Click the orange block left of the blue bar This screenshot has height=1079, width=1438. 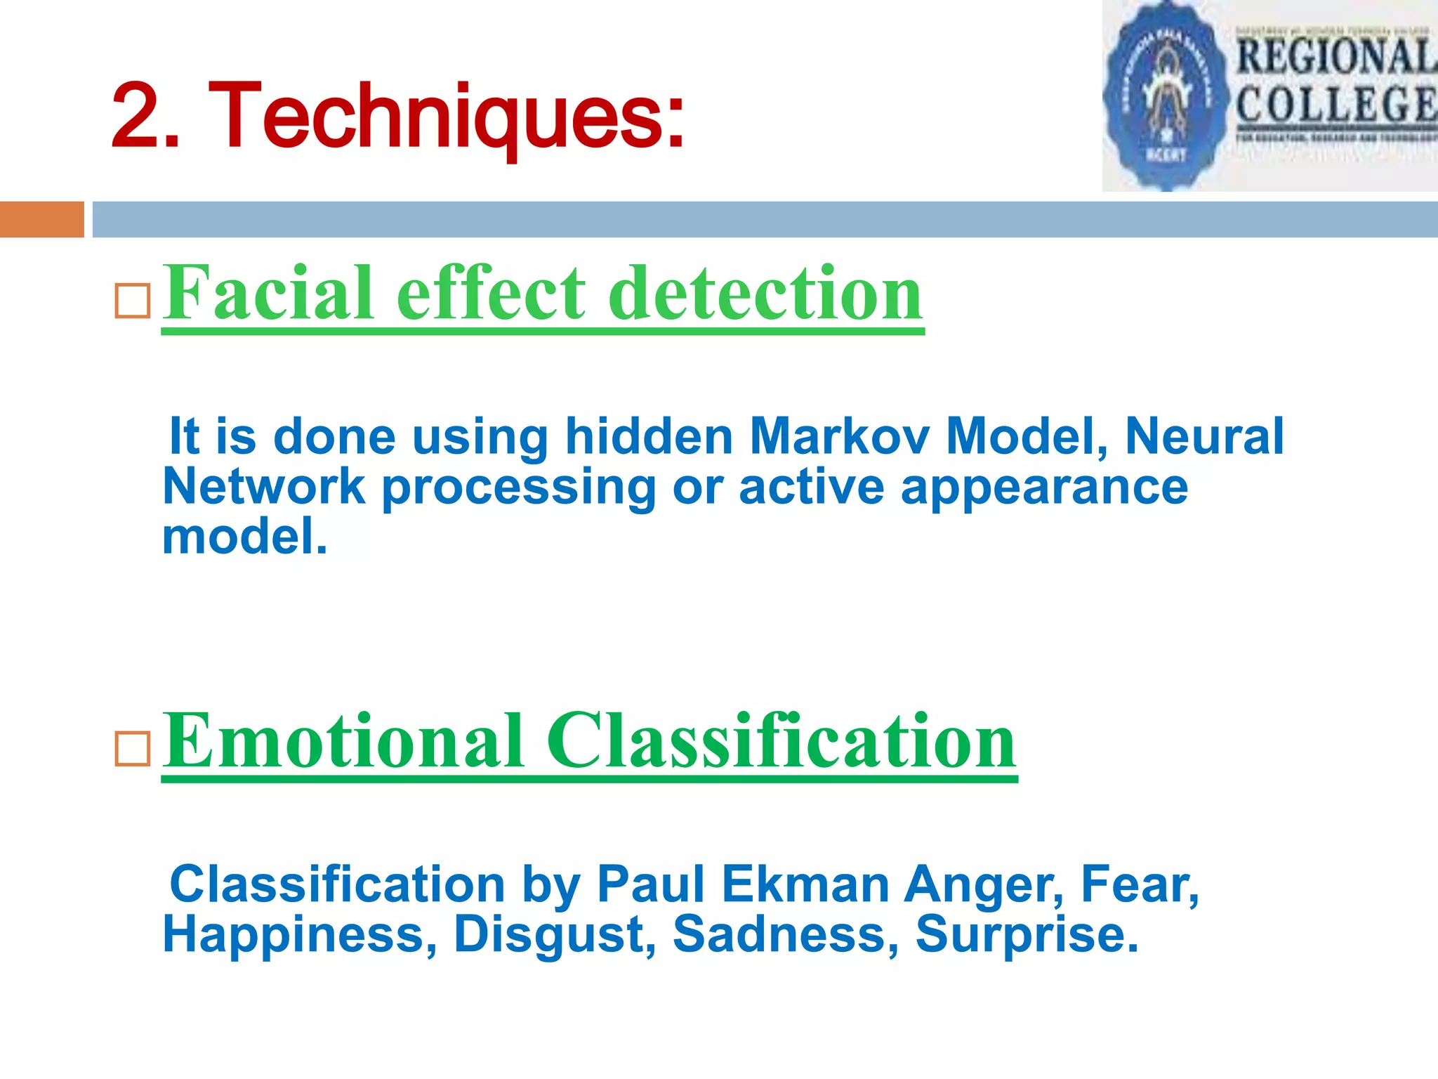(41, 219)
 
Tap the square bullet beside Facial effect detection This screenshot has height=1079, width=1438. (133, 301)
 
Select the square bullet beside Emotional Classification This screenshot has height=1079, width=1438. (133, 749)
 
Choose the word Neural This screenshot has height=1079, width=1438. (1205, 437)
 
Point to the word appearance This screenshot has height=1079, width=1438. (1044, 488)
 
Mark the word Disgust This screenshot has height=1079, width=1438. (555, 936)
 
